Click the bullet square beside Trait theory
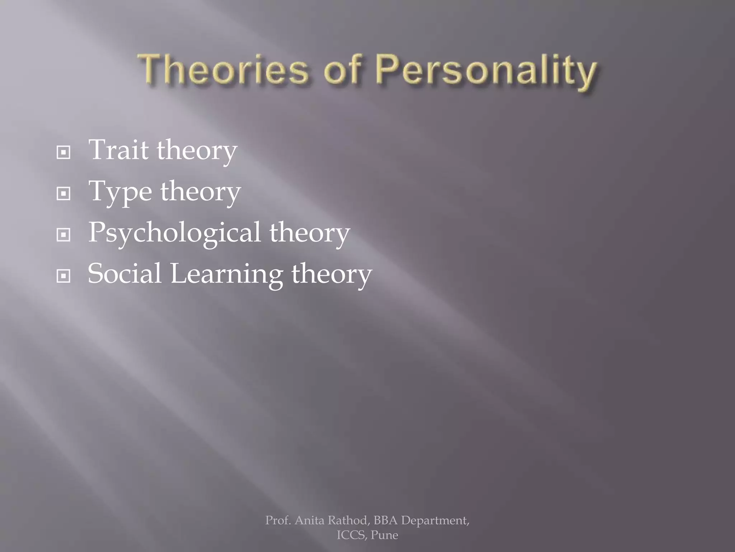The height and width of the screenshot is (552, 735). [64, 152]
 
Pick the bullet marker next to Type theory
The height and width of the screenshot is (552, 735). [64, 194]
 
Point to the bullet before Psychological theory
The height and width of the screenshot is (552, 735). [64, 235]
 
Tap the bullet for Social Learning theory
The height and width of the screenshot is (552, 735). [64, 276]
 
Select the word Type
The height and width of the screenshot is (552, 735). [120, 192]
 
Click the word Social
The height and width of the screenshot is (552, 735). [125, 273]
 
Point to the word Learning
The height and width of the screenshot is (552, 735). [226, 274]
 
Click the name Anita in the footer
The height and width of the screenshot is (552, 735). [309, 520]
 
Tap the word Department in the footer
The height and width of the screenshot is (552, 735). [435, 520]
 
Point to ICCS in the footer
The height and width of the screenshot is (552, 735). [351, 535]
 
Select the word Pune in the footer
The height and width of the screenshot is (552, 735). [384, 535]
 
